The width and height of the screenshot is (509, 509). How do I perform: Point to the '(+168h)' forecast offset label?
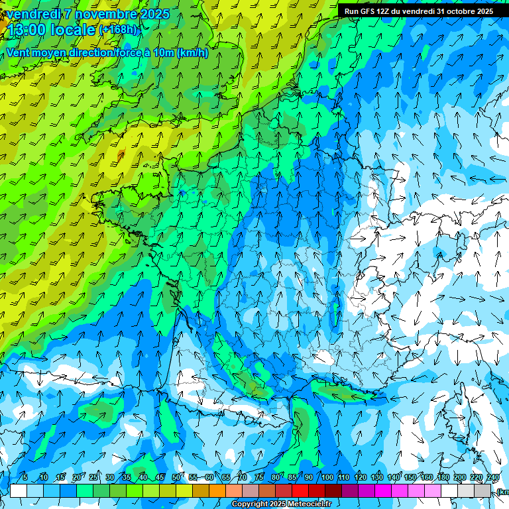click(120, 29)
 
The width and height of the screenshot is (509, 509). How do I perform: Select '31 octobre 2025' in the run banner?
click(465, 11)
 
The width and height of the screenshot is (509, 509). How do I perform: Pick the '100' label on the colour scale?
click(327, 477)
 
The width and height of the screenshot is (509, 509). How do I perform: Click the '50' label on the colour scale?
click(176, 477)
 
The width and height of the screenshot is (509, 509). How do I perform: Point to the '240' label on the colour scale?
click(492, 477)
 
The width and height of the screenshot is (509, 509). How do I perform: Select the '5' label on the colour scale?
click(25, 477)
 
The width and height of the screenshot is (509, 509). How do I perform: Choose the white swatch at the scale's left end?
click(19, 491)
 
